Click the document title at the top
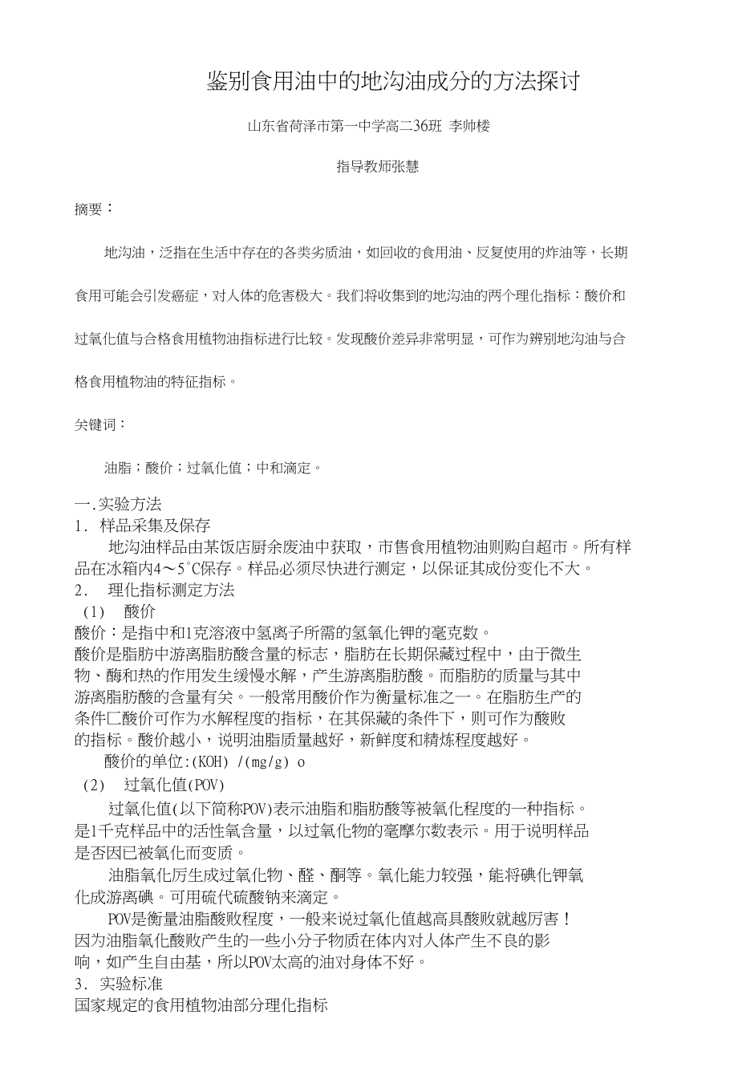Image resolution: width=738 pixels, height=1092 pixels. click(x=392, y=82)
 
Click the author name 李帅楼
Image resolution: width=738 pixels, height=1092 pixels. click(x=469, y=126)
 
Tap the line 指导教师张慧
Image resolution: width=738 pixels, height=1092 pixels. click(x=377, y=167)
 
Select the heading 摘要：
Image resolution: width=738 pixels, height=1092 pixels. click(x=94, y=209)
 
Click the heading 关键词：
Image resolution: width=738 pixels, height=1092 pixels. click(x=100, y=424)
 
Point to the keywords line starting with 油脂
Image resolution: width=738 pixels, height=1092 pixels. click(x=213, y=467)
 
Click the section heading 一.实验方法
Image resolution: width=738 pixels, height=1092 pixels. click(x=118, y=505)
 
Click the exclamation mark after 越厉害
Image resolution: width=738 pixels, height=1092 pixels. click(x=568, y=918)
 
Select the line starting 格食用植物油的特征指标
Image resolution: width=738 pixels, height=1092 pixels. click(x=156, y=382)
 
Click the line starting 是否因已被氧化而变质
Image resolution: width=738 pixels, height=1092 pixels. click(x=161, y=852)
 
